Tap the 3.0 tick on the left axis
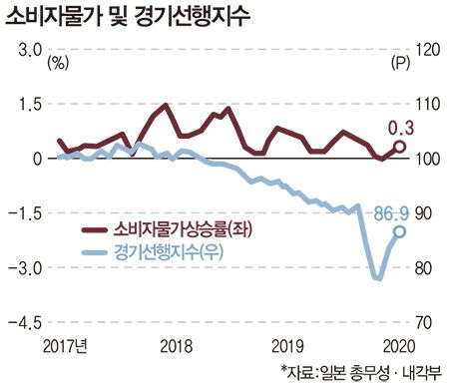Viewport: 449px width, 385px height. click(x=27, y=50)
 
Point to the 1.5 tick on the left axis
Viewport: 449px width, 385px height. click(x=27, y=105)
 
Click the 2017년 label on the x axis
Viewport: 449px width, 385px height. click(x=66, y=345)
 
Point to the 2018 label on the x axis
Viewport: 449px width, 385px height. click(x=176, y=345)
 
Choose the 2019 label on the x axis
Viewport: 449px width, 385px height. click(x=287, y=345)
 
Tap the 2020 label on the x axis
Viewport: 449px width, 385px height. click(x=397, y=345)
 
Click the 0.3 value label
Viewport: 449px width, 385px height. click(x=399, y=127)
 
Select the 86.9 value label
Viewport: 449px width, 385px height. click(x=392, y=212)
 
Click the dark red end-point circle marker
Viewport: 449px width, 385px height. click(x=399, y=147)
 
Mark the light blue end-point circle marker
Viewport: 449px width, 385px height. click(x=399, y=231)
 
